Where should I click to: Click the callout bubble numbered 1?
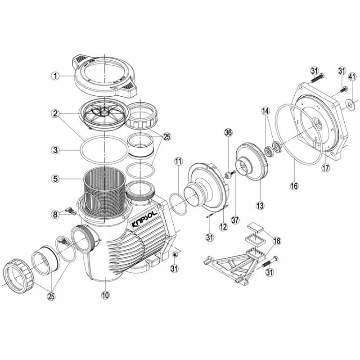(x=55, y=76)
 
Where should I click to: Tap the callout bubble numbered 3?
(x=55, y=149)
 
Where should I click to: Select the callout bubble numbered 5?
(x=55, y=179)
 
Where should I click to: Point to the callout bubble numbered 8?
(x=55, y=215)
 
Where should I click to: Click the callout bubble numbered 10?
(x=105, y=295)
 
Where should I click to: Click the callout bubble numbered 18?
(x=276, y=241)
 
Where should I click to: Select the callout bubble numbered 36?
(x=228, y=132)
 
